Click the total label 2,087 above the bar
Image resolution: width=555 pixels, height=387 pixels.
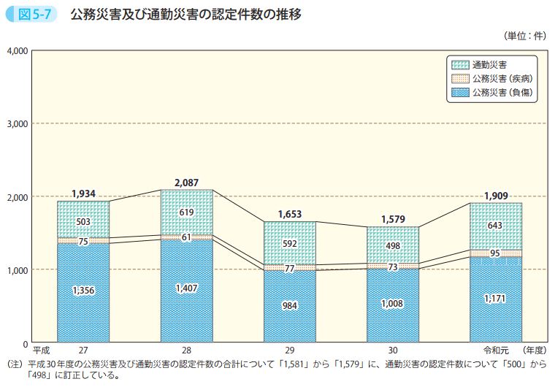[x=187, y=182]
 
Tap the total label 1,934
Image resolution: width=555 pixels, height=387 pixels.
[x=83, y=193]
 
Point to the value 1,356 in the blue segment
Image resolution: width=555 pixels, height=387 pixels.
[x=83, y=291]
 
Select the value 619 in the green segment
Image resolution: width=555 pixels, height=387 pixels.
[x=187, y=212]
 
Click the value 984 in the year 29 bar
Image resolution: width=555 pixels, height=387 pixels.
[x=290, y=305]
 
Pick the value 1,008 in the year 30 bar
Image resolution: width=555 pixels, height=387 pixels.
[x=393, y=304]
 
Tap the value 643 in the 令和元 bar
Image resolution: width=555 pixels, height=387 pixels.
[x=496, y=226]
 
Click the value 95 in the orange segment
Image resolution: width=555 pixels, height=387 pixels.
[x=496, y=253]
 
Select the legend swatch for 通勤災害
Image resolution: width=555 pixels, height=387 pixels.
[x=460, y=64]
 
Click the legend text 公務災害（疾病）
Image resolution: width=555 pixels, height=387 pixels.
[x=501, y=78]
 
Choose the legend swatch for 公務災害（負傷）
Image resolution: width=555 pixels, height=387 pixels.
[x=460, y=92]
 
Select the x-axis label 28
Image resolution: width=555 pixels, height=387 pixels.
[x=187, y=351]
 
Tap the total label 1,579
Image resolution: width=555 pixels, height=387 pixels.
[x=393, y=218]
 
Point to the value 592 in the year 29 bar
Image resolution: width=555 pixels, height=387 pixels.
[x=290, y=242]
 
